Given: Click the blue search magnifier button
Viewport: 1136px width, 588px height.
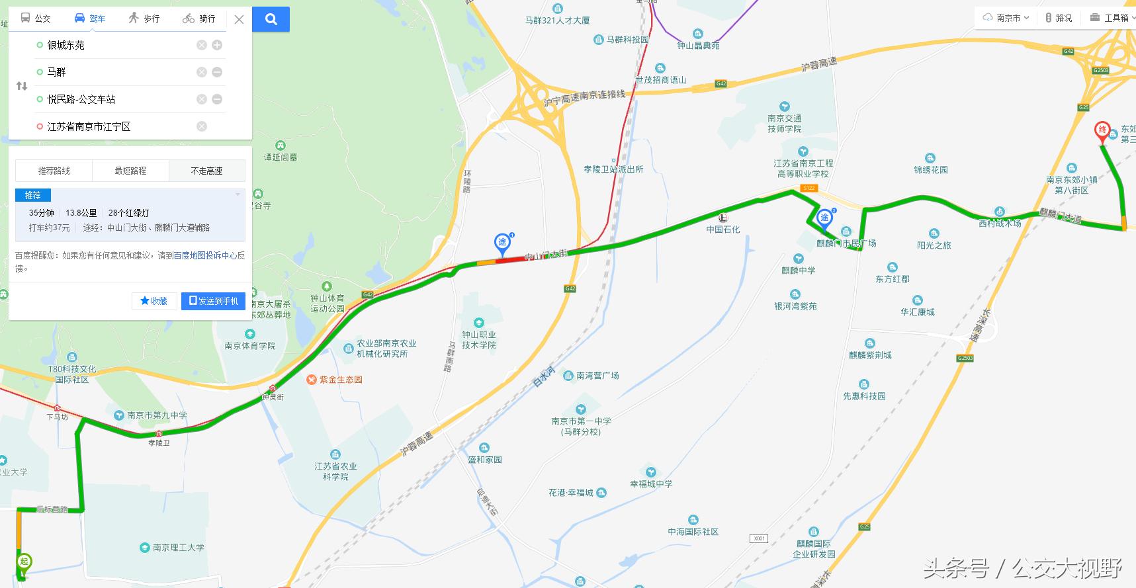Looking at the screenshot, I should [x=271, y=19].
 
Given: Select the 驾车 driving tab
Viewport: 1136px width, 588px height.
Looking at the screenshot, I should [x=90, y=19].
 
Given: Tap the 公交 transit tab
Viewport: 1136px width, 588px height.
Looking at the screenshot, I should [x=36, y=19].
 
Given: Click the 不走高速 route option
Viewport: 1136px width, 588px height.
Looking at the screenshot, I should [x=206, y=171].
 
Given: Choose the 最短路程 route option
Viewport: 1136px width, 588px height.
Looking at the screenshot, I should [x=130, y=171].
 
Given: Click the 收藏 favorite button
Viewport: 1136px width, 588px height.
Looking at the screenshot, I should [x=154, y=301].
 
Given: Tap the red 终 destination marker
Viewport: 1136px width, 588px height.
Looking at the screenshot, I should [x=1102, y=131].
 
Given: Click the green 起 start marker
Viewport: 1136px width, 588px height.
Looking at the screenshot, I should [x=24, y=562].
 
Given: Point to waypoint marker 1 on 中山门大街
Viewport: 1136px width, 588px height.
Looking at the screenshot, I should [x=503, y=243].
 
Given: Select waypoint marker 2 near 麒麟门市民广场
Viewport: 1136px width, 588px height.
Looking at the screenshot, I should [x=824, y=218].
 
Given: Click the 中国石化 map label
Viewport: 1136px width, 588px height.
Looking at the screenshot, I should [x=723, y=229].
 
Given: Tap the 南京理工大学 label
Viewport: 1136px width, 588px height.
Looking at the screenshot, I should [x=178, y=548].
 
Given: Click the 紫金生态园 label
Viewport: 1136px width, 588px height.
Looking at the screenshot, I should [x=341, y=380].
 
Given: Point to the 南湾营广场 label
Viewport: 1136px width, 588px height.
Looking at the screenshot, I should [x=597, y=376].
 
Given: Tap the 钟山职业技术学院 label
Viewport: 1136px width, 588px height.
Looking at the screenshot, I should [x=479, y=340].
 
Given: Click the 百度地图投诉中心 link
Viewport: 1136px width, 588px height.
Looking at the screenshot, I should [x=205, y=255].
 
